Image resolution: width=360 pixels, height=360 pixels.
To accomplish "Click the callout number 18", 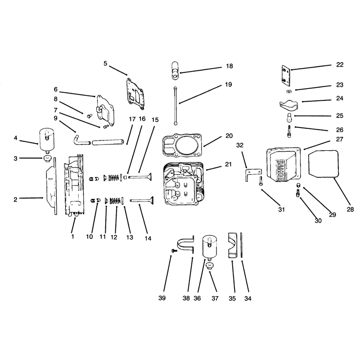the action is point(229,66).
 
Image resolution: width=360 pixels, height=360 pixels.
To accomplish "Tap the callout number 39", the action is point(162,298).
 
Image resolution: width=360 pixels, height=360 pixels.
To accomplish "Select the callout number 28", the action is point(350,209).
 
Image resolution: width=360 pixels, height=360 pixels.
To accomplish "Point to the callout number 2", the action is point(15,199).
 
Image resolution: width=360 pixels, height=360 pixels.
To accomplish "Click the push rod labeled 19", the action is point(175,106).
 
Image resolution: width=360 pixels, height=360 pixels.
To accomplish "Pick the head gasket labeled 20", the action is point(182,145).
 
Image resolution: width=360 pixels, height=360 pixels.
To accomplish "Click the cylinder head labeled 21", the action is point(184,183).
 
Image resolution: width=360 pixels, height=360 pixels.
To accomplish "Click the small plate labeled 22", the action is point(286,75).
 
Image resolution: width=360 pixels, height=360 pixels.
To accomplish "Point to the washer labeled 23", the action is point(288,92).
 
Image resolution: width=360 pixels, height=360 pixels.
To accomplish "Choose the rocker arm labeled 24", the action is point(288,105).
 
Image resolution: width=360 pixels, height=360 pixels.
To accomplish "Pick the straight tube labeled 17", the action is point(108,142).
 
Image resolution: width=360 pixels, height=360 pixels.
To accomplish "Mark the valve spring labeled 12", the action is point(115,201).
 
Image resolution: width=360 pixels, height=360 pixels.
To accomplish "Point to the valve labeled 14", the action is point(141,200).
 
